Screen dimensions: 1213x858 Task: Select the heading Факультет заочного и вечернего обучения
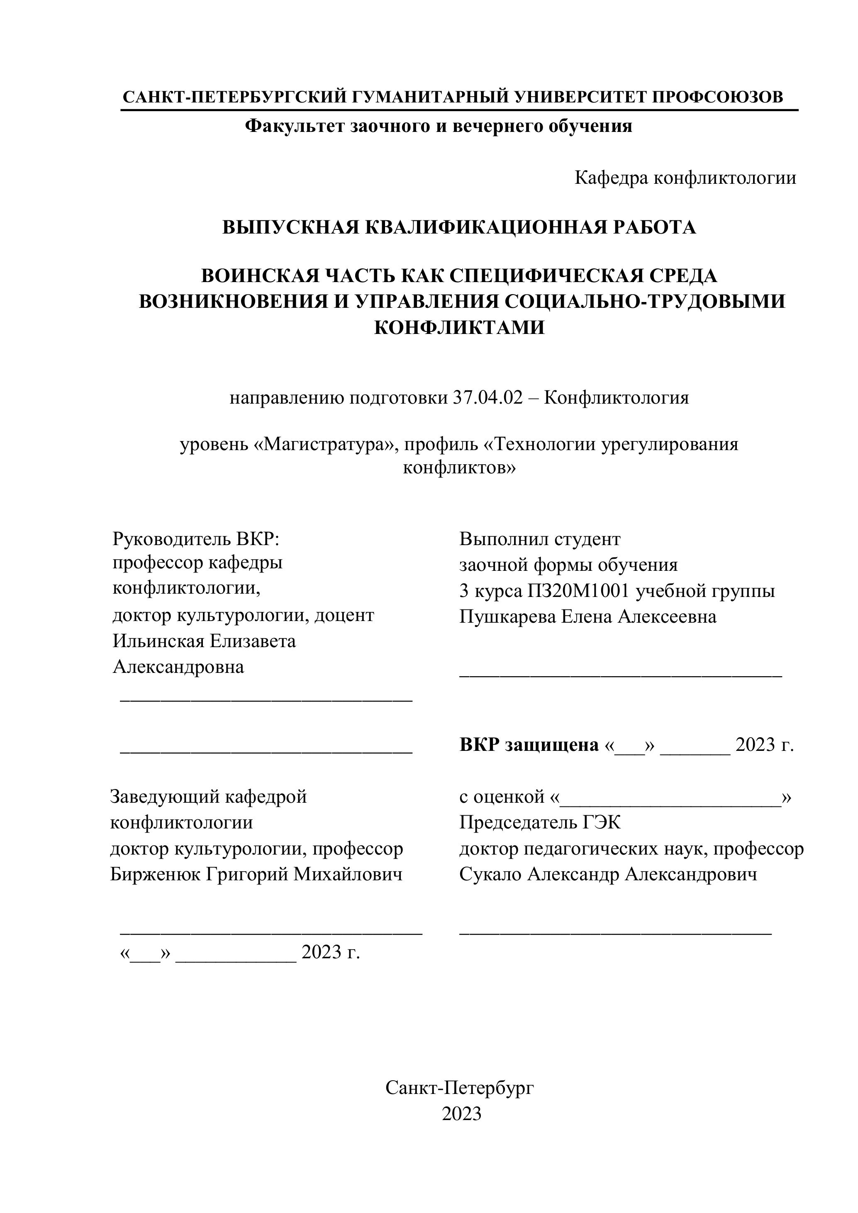[x=439, y=126]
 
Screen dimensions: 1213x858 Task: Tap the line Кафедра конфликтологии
[x=685, y=178]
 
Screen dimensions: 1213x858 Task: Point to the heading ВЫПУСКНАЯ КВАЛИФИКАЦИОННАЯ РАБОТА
[x=458, y=227]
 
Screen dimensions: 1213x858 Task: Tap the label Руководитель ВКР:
[x=195, y=539]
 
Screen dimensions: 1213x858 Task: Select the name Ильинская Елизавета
[x=204, y=641]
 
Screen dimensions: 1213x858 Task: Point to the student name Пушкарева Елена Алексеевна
[x=587, y=616]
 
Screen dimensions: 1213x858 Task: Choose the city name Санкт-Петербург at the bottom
[x=460, y=1088]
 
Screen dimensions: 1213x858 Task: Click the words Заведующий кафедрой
[x=208, y=796]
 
